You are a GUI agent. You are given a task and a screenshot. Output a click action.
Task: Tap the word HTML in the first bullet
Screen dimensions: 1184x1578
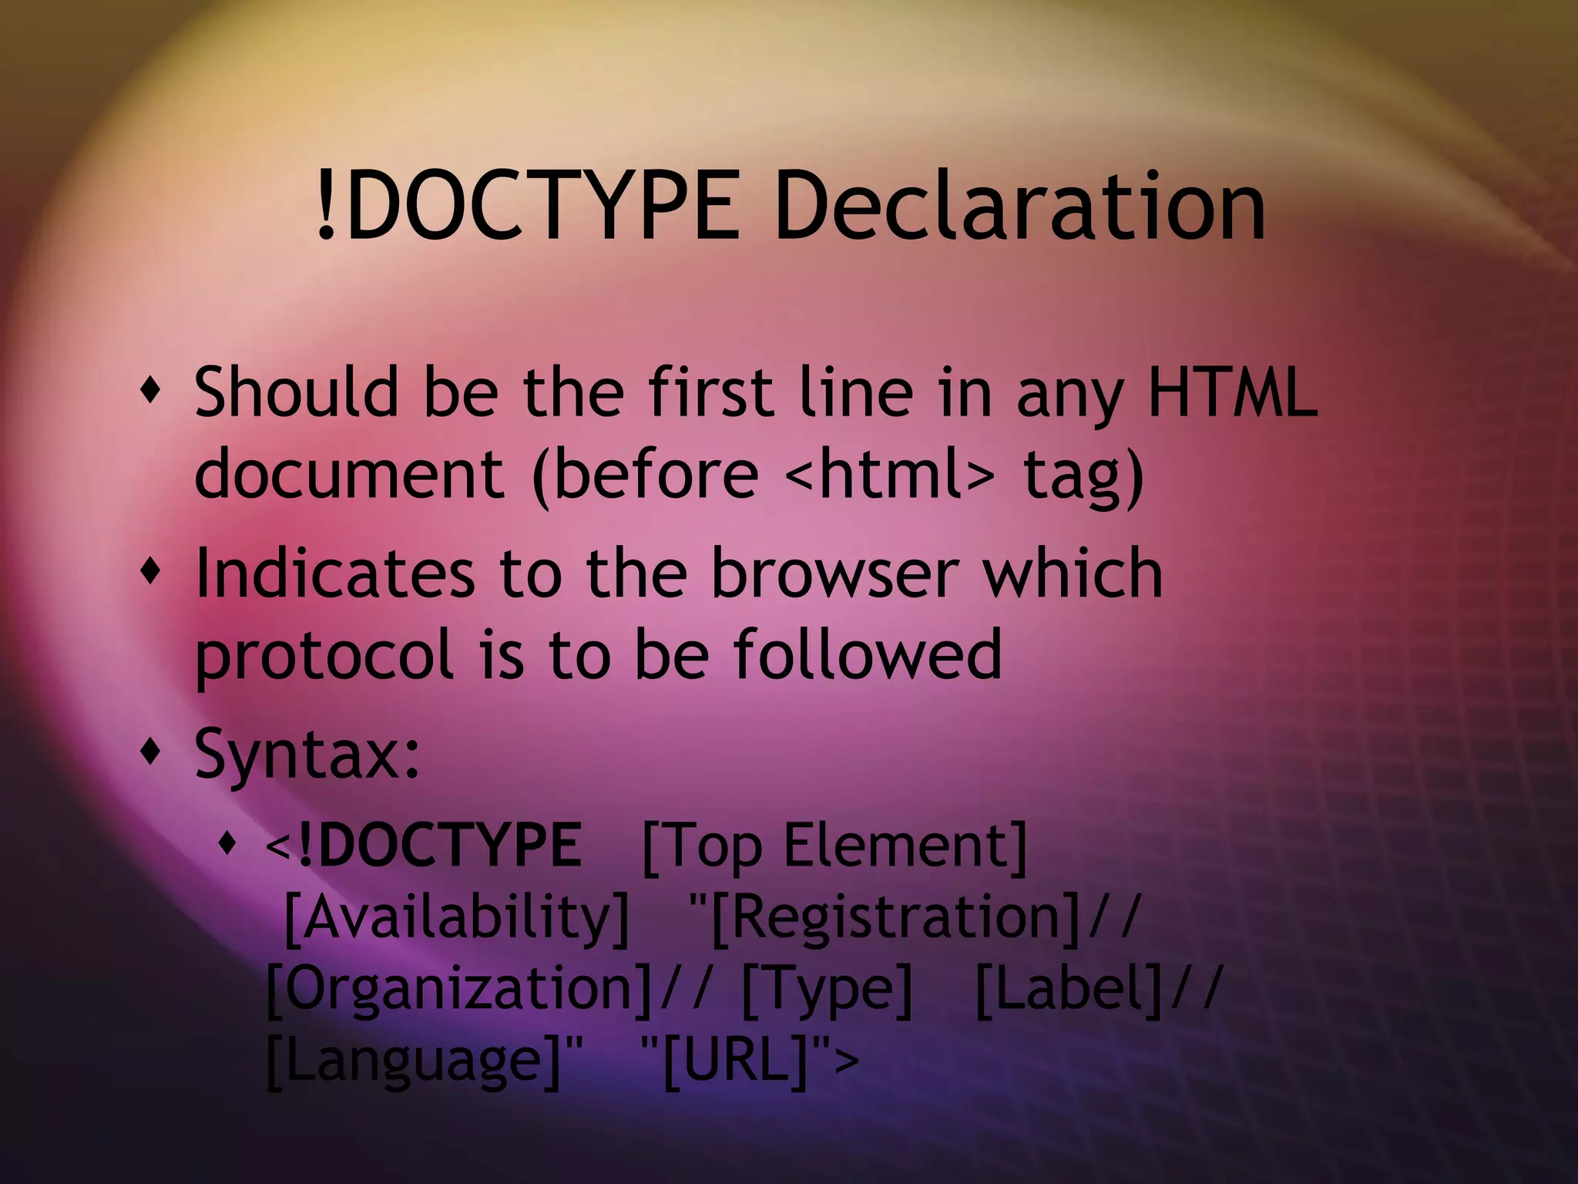click(1232, 392)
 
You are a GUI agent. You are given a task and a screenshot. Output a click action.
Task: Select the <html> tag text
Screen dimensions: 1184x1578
click(888, 472)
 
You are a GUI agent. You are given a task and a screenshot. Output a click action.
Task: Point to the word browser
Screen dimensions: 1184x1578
click(834, 573)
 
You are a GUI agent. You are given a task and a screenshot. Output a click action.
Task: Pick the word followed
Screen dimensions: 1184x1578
click(868, 654)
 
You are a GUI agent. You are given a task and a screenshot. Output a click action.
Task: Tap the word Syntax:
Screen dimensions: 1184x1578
click(307, 754)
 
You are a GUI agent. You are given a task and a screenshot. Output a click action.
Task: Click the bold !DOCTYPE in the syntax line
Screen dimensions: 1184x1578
click(439, 845)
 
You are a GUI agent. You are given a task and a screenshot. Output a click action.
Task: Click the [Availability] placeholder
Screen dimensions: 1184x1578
click(457, 917)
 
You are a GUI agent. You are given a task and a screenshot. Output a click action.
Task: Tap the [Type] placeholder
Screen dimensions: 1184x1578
click(827, 990)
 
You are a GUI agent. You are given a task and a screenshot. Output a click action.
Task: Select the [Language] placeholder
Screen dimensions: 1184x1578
click(414, 1061)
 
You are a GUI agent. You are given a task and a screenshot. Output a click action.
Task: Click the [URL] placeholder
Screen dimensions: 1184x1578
click(737, 1061)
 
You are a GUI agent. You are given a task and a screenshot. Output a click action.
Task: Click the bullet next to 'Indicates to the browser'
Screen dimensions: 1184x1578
click(151, 573)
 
